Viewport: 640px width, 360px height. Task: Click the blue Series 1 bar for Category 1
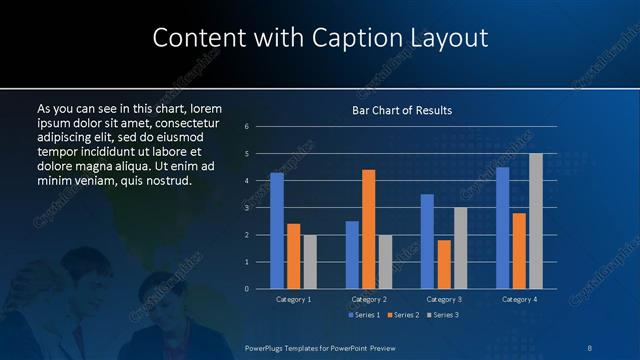click(277, 231)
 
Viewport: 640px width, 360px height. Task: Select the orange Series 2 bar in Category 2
click(369, 229)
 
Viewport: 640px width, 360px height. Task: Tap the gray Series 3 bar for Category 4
click(536, 221)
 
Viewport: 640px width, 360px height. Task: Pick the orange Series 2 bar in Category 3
click(444, 264)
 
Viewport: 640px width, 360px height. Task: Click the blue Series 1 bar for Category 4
click(503, 228)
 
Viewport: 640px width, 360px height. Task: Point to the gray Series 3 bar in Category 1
click(310, 262)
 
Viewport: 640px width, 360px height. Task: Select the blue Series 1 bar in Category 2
click(352, 255)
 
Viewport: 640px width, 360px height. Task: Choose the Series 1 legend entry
click(364, 316)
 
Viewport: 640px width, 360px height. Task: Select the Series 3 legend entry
click(443, 316)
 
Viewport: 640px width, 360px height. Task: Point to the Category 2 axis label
click(369, 299)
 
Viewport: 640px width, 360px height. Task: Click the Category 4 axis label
click(519, 299)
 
